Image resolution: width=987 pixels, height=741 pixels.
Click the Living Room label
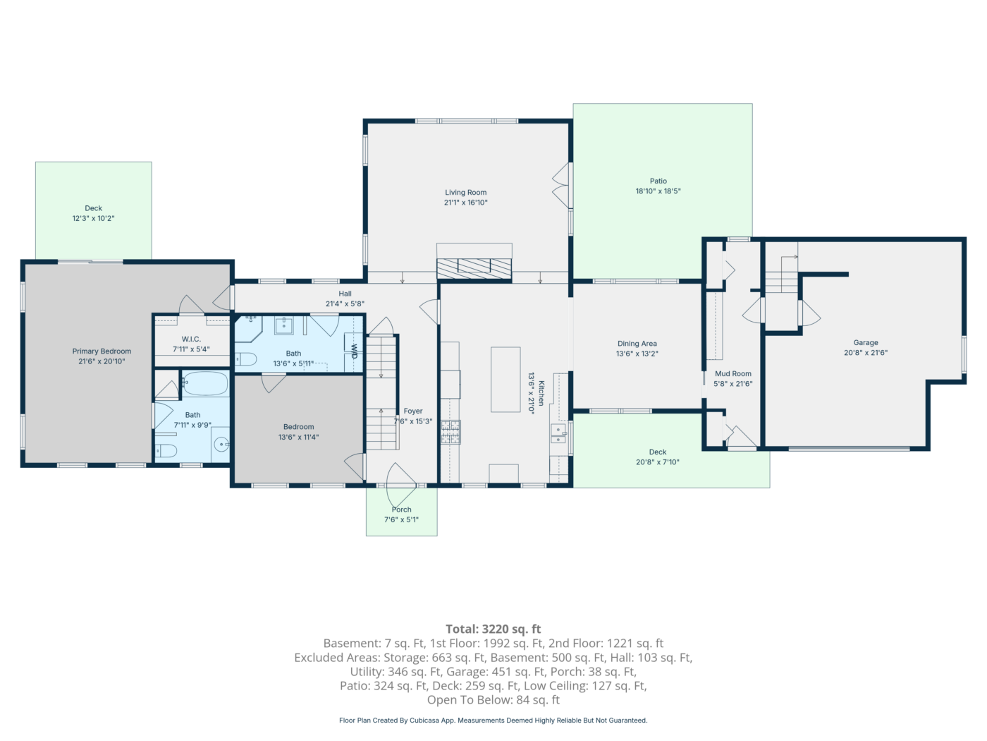465,193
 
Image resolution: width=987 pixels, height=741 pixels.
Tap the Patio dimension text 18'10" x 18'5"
658,191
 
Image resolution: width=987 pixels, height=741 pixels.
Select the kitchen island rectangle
505,379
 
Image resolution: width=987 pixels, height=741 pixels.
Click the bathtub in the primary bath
205,383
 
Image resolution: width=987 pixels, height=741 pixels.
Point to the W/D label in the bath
354,351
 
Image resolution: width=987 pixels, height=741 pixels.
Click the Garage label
866,343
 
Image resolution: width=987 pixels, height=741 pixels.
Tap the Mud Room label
733,374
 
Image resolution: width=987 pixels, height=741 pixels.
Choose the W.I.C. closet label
191,339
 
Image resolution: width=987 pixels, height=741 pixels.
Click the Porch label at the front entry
402,510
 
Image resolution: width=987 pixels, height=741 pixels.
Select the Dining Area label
637,344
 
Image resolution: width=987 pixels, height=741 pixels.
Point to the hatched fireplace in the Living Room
474,269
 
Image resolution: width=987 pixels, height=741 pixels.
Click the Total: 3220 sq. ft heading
493,629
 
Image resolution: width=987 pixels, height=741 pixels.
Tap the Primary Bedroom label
102,351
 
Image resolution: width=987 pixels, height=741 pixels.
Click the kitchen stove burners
450,432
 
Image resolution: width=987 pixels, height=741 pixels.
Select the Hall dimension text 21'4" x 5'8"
345,304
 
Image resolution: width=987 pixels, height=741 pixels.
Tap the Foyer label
413,411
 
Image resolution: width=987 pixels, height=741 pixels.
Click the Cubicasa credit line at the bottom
493,721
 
